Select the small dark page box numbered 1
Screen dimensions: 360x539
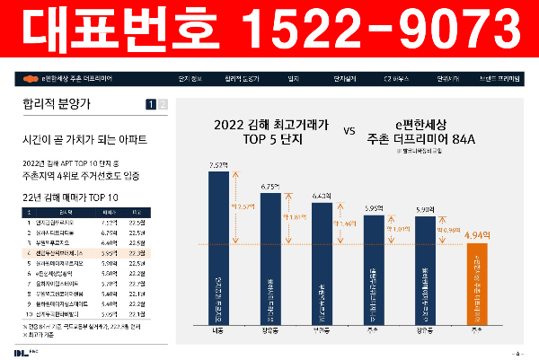tap(151, 105)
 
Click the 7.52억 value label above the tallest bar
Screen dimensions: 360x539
tap(219, 165)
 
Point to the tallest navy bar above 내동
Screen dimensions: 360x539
tap(219, 242)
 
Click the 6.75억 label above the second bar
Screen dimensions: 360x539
tap(270, 186)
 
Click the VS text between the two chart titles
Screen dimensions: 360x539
tap(349, 130)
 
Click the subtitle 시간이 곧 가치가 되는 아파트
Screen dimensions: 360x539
tap(84, 141)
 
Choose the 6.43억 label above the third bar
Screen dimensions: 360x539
tap(323, 195)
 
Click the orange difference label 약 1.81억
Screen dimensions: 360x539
tap(296, 217)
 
